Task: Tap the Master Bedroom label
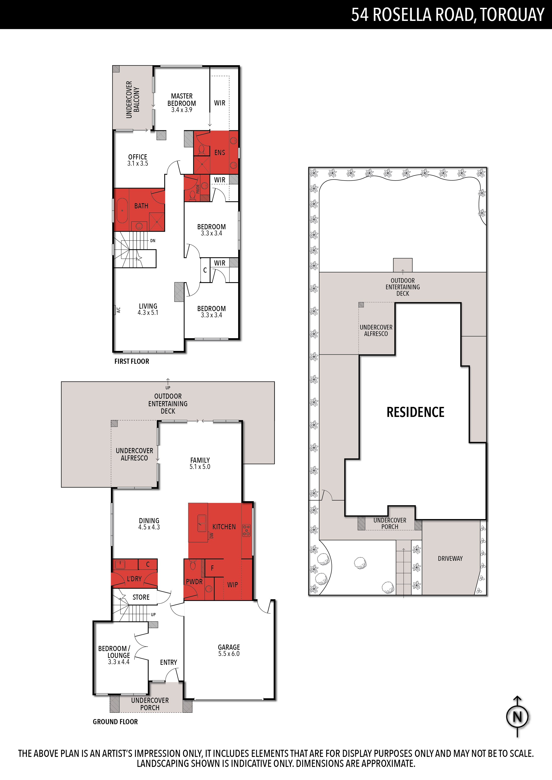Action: click(x=182, y=103)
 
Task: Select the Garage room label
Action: click(x=229, y=650)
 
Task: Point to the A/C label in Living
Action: click(x=118, y=310)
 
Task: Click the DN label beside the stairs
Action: click(x=153, y=241)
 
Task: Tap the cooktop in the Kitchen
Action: click(x=246, y=530)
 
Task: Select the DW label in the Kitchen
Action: click(x=211, y=535)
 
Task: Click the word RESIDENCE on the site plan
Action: click(x=415, y=412)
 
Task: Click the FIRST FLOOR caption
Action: click(x=132, y=361)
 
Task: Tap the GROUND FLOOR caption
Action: click(x=115, y=722)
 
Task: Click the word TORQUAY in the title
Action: click(x=513, y=15)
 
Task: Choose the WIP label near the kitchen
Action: click(x=233, y=585)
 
